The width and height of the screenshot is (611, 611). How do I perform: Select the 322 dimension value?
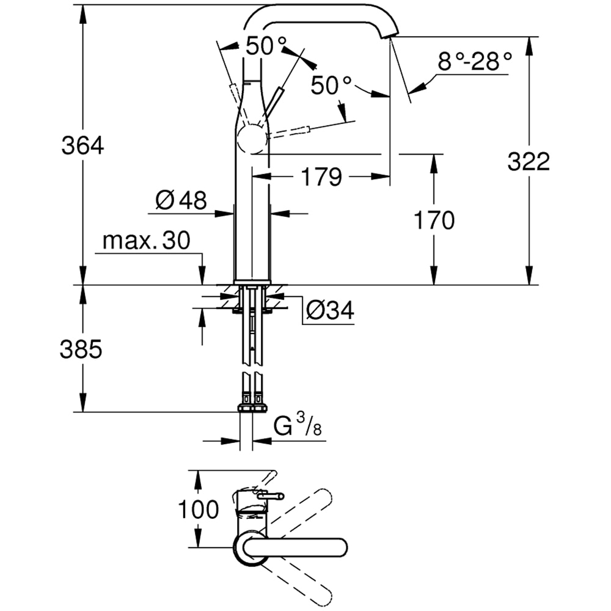point(529,161)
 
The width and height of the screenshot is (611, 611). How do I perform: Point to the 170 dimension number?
point(434,221)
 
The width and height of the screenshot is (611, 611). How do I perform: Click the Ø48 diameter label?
point(181,200)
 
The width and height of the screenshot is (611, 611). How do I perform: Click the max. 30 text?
point(147,241)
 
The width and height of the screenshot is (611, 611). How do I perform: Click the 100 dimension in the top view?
point(198,509)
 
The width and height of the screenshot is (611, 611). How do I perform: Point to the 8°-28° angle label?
point(474,61)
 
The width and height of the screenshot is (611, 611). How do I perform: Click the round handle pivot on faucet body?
point(251,141)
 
